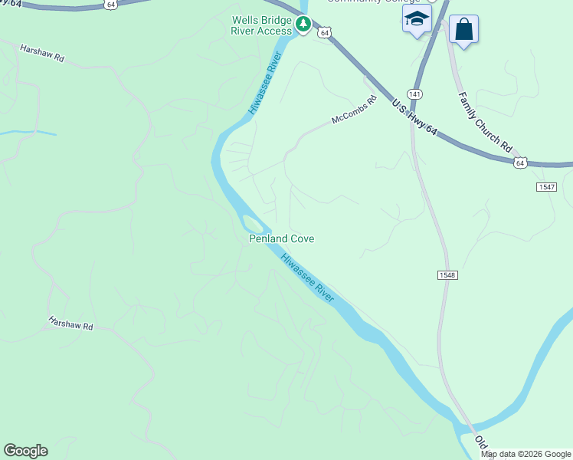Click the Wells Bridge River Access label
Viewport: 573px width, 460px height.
coord(261,25)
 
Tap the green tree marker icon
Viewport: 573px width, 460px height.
coord(303,25)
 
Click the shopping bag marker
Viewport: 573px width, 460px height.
coord(463,30)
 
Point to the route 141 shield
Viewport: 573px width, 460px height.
coord(414,94)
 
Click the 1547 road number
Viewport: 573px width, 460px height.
coord(545,187)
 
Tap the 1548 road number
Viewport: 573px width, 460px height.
coord(448,275)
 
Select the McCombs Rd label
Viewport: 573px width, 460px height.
coord(355,110)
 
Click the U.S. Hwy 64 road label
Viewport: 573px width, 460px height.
coord(414,118)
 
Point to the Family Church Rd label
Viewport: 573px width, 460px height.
coord(485,120)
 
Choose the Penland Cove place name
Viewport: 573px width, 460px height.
coord(282,238)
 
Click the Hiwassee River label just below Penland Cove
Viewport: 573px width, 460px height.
coord(308,278)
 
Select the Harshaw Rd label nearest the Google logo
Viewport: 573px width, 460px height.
coord(70,323)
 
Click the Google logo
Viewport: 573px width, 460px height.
coord(25,451)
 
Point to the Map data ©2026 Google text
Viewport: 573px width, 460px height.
coord(526,454)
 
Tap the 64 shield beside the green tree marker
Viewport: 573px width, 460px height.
coord(325,32)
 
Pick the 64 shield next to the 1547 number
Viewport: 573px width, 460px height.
coord(520,163)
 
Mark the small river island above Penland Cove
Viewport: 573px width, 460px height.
coord(253,224)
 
